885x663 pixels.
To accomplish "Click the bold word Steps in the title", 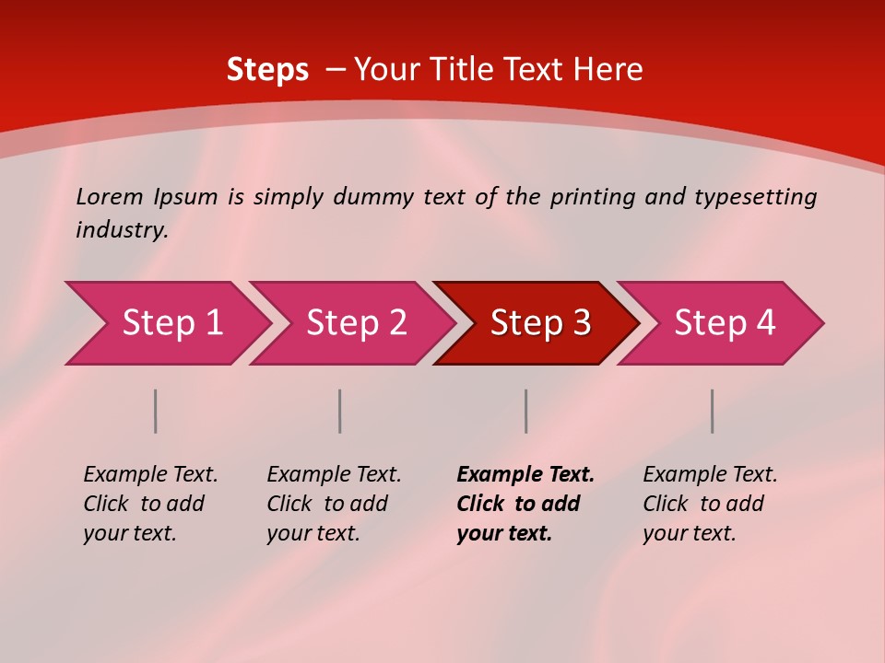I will click(267, 70).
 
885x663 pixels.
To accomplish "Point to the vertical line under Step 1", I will click(156, 411).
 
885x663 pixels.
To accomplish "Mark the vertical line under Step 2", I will click(340, 411).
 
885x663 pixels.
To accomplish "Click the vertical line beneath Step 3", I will click(526, 411).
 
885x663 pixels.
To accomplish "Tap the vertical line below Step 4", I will click(713, 411).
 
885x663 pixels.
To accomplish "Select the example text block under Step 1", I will click(150, 504).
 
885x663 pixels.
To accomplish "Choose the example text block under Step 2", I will click(334, 504).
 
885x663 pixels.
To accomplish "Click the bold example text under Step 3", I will click(525, 504).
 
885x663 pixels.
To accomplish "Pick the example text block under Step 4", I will click(710, 504).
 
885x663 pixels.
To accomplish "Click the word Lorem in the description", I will click(110, 197).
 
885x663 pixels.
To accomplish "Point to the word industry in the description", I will click(121, 230).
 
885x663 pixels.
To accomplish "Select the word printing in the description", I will click(593, 197).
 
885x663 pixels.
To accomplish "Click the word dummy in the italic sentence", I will click(373, 197).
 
